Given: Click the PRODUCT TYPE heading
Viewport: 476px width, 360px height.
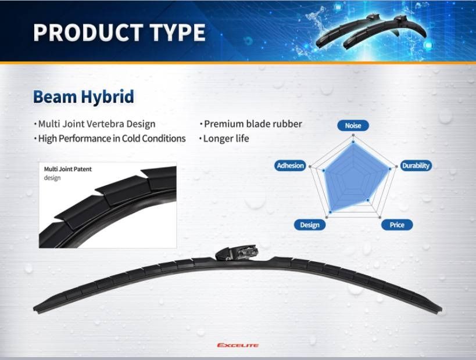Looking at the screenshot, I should point(119,33).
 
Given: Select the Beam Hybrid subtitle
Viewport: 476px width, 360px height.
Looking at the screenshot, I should point(83,96).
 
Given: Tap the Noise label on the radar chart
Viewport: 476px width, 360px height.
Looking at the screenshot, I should point(353,125).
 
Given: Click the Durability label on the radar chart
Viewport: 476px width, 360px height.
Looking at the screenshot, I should point(416,165).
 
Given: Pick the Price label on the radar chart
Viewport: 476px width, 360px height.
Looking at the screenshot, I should point(397,225).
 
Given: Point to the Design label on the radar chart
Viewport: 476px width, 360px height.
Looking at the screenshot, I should point(310,225).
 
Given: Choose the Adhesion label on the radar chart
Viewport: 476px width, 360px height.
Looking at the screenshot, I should point(290,165).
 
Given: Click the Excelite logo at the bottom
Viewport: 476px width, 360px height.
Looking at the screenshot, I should point(237,345).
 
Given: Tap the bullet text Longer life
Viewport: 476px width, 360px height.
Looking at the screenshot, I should point(226,138).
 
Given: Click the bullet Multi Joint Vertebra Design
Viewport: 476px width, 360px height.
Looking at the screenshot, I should point(96,124).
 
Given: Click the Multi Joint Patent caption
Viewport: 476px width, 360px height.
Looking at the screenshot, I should point(68,170).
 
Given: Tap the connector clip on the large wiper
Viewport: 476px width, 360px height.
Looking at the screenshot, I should point(237,254).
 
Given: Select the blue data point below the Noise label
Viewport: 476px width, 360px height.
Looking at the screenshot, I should point(353,141).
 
